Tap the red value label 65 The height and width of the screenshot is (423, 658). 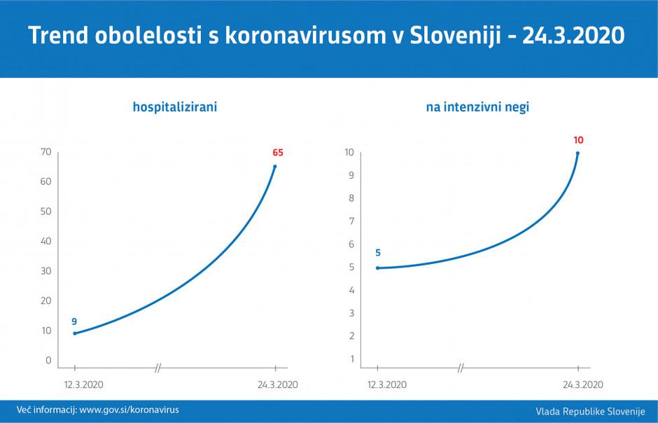(278, 152)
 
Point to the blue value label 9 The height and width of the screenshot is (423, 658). (74, 321)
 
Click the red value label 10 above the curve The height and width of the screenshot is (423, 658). (578, 140)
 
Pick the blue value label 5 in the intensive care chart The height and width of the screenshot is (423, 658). (378, 253)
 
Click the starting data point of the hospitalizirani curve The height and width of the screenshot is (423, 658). (75, 333)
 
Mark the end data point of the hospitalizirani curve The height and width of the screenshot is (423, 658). (275, 167)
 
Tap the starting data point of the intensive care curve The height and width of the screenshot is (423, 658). (378, 268)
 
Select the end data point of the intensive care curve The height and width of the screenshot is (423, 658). (577, 153)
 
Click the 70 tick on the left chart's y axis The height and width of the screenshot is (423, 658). (46, 152)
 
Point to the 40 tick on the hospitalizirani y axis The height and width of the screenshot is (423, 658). (46, 241)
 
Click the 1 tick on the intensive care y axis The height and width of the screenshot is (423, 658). (351, 359)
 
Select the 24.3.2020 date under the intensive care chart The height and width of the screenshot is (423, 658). (582, 384)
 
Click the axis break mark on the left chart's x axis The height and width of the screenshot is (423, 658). (158, 367)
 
